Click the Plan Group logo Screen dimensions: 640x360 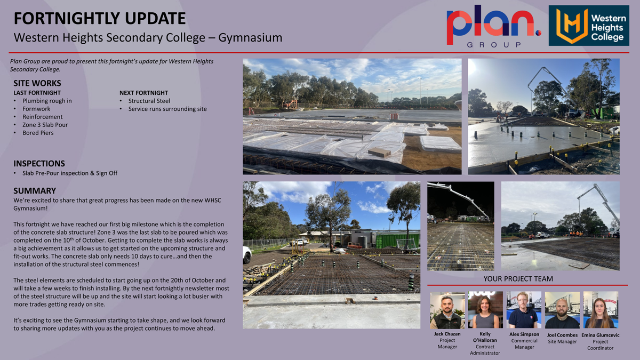click(494, 26)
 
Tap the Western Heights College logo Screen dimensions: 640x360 click(589, 26)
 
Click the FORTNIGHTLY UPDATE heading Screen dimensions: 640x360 click(100, 18)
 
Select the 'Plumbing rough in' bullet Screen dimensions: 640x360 click(47, 101)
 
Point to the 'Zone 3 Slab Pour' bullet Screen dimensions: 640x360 click(45, 125)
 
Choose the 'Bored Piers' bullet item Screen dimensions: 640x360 click(38, 133)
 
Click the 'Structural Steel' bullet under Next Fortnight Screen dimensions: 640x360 click(149, 101)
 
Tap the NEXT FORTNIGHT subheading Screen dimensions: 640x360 click(143, 93)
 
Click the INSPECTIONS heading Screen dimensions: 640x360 click(39, 163)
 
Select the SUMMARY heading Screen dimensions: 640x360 click(35, 190)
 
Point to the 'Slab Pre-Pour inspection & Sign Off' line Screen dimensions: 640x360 click(70, 173)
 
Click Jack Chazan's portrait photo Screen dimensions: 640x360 click(447, 310)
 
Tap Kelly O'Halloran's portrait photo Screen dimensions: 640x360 click(485, 310)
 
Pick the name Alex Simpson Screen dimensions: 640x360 click(524, 334)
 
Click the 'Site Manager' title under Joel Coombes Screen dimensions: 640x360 click(562, 342)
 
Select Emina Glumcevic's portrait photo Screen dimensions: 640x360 click(601, 310)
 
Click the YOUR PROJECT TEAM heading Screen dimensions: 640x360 click(518, 279)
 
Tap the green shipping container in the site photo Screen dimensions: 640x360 click(398, 241)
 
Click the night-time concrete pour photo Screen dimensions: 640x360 click(461, 226)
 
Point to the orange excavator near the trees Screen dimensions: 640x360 click(291, 104)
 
